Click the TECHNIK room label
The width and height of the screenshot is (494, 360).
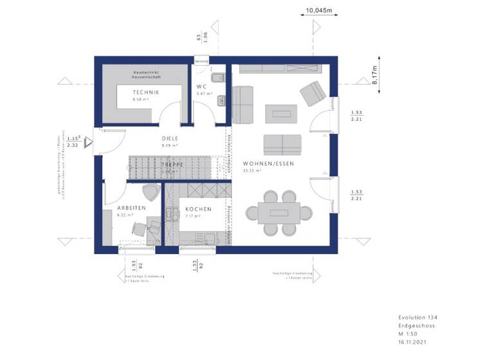[145, 93]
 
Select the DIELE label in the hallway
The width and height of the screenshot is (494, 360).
[170, 138]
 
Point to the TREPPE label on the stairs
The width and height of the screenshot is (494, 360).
[172, 165]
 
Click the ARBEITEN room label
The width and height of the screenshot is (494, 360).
[131, 208]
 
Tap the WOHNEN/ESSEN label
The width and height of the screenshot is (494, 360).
[268, 164]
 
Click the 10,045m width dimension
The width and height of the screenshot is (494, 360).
[318, 11]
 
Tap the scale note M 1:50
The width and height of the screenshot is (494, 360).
[410, 334]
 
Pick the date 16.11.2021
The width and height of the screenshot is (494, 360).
[413, 343]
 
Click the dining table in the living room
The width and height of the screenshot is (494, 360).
[279, 212]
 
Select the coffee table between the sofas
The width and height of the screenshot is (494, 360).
[281, 114]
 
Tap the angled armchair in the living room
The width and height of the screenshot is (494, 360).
[313, 94]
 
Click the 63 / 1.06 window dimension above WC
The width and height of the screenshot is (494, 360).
[201, 37]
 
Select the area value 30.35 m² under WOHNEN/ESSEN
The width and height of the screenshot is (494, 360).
[252, 171]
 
